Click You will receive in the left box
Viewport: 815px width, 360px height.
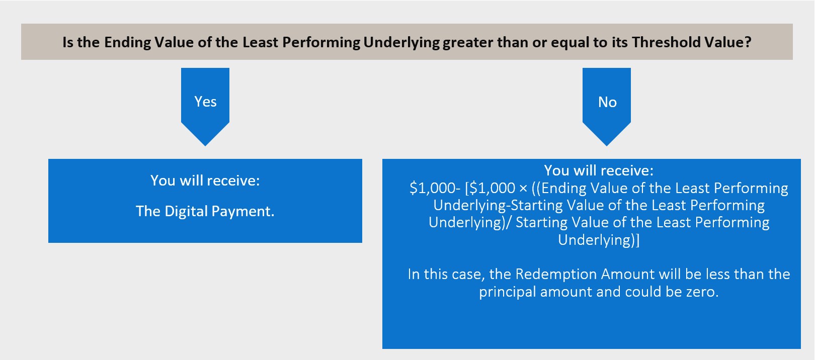tap(205, 181)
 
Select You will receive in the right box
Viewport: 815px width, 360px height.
tap(599, 170)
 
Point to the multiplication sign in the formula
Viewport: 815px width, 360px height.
tap(523, 189)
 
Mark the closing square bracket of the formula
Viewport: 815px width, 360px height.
tap(637, 240)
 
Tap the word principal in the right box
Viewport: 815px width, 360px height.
tap(507, 292)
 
